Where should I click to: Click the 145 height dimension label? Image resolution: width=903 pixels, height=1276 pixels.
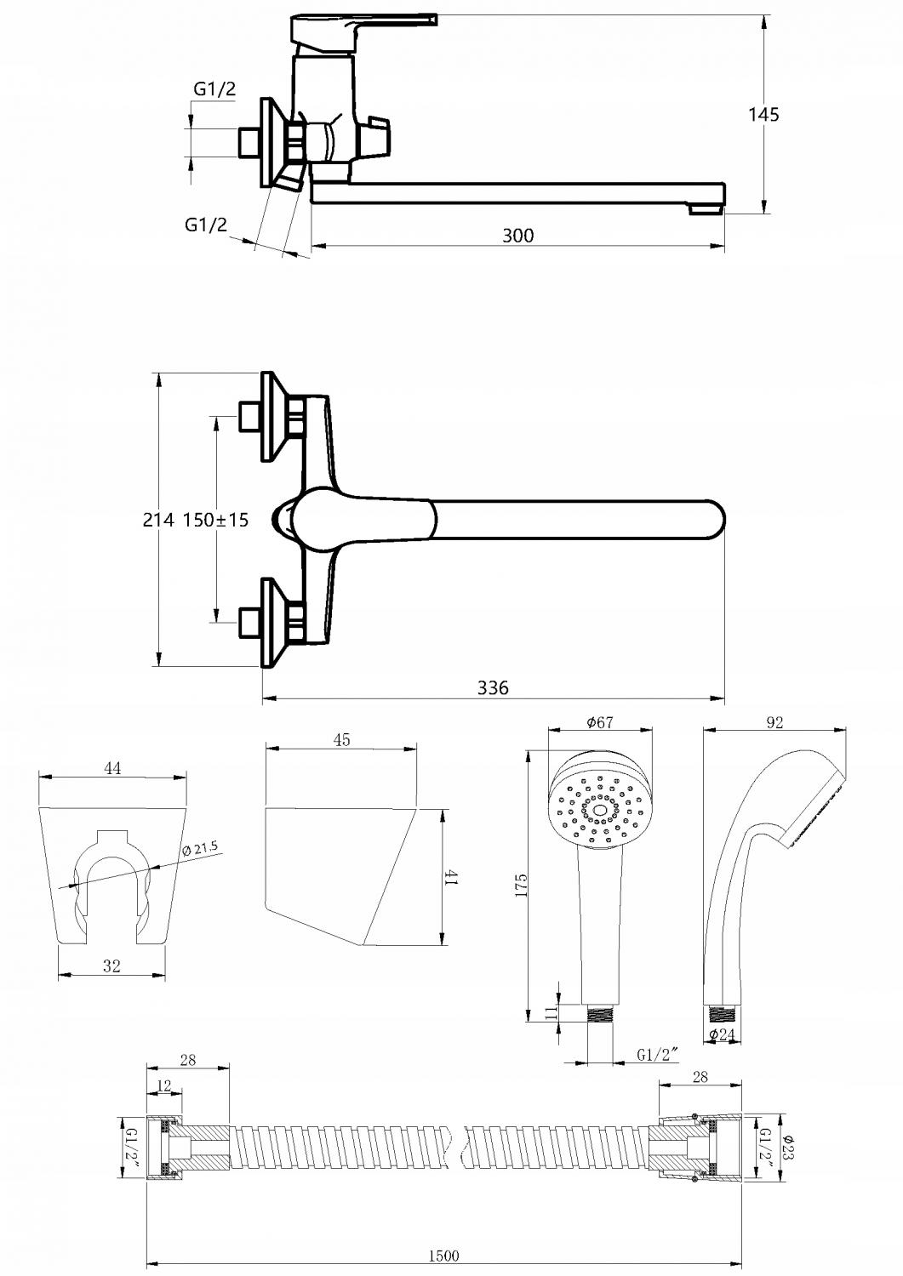pos(763,115)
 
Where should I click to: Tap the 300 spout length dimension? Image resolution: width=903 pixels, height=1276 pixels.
pos(517,236)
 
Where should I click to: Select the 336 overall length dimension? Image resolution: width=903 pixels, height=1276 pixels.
pos(493,688)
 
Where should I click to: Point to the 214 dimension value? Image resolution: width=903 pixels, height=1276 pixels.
pos(158,520)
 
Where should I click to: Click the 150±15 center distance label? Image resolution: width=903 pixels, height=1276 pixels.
pos(215,520)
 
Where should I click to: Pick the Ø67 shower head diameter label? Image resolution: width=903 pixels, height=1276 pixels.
pos(600,722)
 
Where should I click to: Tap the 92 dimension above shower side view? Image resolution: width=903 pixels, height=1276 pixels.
pos(774,722)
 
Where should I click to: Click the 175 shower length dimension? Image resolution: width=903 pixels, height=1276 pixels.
pos(520,886)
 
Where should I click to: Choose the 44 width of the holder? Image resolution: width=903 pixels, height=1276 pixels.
pos(113,768)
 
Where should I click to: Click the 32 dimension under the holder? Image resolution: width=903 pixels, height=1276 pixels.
pos(112,966)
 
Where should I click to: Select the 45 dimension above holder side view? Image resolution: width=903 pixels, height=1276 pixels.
pos(341,740)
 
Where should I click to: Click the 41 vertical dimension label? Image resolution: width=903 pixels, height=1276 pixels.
pos(452,877)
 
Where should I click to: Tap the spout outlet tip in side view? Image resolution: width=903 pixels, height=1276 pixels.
pos(707,210)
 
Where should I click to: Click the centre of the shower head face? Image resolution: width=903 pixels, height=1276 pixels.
pos(599,811)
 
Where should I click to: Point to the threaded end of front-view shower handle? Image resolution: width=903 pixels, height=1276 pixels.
pos(600,1015)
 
